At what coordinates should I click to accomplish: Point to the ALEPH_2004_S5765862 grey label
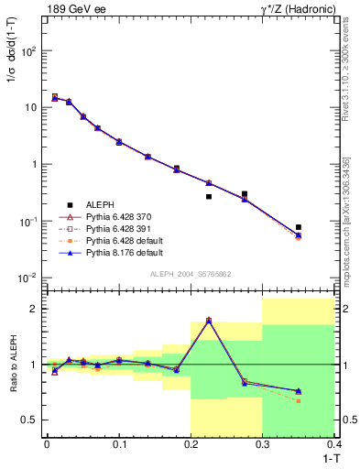coord(190,274)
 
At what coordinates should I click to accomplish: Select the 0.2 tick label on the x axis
coord(191,443)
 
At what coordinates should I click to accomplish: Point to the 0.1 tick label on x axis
coord(118,443)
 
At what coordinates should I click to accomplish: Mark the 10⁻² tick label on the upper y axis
coord(28,278)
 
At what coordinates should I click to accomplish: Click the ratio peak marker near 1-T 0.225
coord(209,320)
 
